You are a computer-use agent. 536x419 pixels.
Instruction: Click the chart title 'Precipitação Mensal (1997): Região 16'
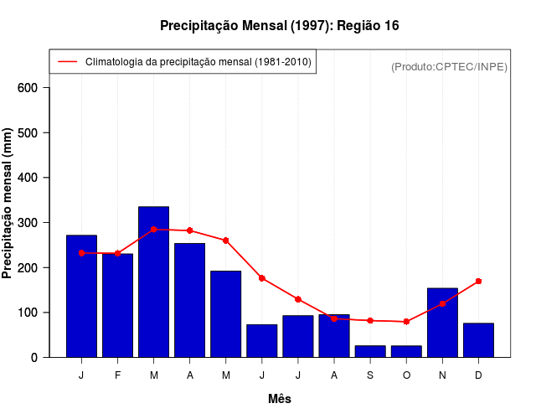280,26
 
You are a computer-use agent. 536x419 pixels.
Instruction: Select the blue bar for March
154,282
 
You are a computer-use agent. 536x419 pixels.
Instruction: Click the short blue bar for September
370,351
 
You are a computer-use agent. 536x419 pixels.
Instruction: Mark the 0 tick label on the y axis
34,357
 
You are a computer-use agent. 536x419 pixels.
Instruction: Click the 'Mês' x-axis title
280,399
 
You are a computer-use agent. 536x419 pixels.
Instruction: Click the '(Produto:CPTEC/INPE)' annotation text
449,66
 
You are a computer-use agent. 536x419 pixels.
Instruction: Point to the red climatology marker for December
478,281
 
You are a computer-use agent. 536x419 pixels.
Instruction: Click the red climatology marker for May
226,241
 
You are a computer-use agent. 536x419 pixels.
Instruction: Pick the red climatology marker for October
406,322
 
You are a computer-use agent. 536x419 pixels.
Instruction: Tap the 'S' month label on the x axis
370,375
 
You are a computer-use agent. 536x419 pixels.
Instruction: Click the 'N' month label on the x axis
442,375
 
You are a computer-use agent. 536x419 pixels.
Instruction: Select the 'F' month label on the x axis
118,375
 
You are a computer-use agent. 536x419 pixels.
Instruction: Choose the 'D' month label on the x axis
478,375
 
